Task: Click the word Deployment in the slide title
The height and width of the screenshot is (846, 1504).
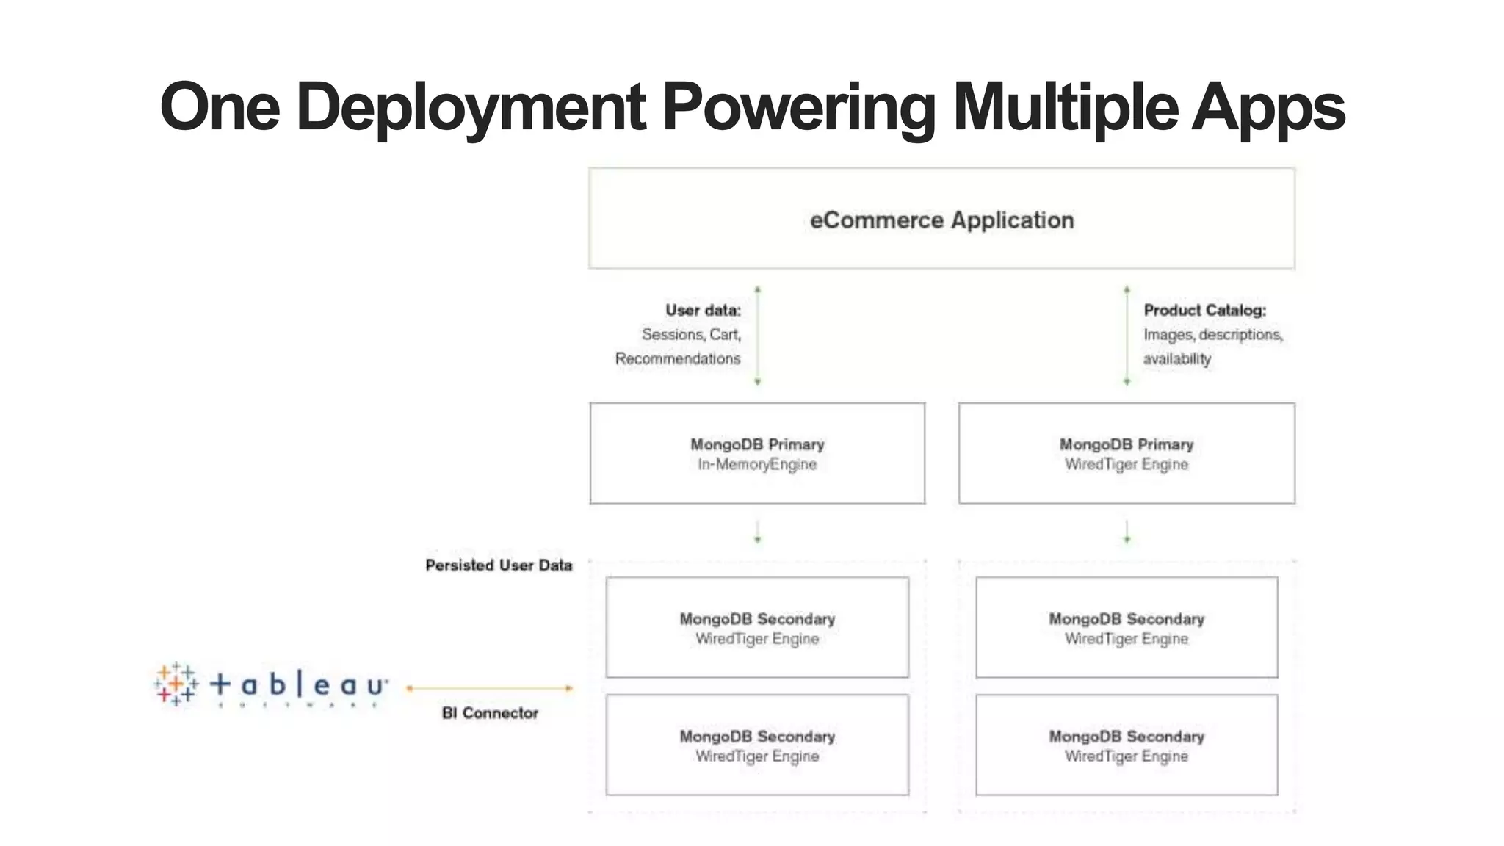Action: point(471,107)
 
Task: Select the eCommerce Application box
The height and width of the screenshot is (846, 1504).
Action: point(941,219)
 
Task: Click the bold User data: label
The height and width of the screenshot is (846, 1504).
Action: point(703,310)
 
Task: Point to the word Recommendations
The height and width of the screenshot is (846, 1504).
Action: point(677,358)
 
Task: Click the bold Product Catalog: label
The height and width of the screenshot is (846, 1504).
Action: point(1204,310)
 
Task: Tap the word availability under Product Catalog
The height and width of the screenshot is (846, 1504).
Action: point(1176,358)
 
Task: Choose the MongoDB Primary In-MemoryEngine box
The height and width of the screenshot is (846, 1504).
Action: point(757,453)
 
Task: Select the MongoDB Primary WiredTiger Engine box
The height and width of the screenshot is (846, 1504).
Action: point(1127,453)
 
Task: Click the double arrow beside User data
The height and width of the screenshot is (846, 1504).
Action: point(757,335)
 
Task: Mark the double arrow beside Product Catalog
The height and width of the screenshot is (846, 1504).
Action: point(1127,335)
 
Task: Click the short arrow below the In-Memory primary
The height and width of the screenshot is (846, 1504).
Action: point(757,532)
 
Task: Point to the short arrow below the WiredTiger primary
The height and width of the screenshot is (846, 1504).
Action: point(1127,532)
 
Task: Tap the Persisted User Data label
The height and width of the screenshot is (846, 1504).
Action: point(499,565)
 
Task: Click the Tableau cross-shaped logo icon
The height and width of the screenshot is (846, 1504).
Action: point(176,684)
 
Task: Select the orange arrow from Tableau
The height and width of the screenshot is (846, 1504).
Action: point(490,688)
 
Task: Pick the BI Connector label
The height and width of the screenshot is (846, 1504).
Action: point(490,713)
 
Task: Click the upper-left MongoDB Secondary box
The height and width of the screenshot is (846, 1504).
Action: point(757,627)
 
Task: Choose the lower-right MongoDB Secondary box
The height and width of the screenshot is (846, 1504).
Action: point(1127,745)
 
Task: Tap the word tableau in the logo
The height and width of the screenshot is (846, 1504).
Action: point(298,685)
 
